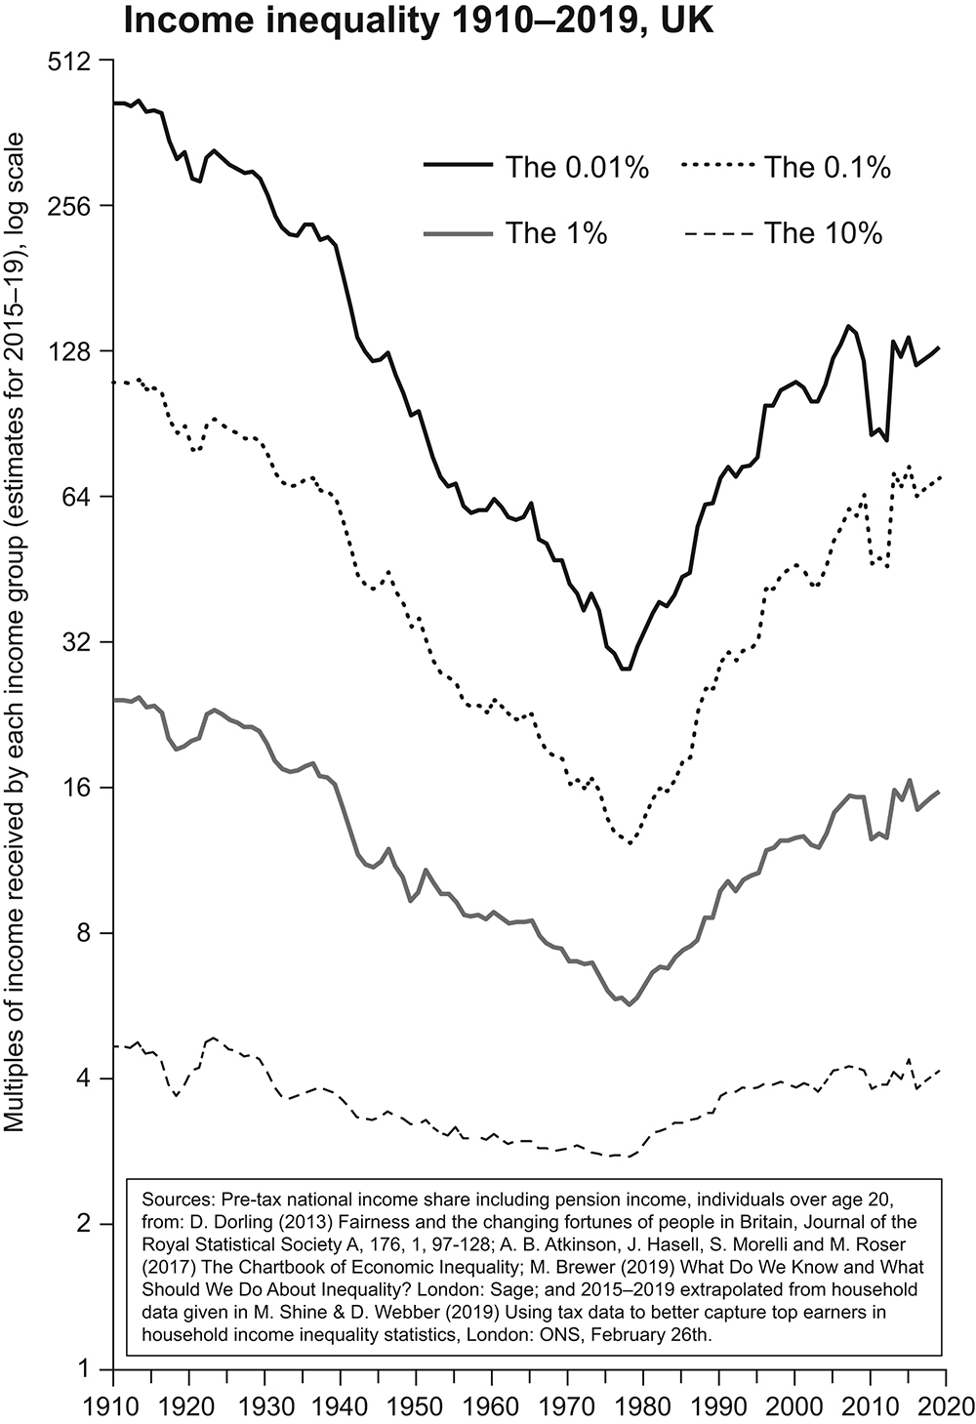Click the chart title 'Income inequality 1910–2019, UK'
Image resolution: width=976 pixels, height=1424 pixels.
coord(418,20)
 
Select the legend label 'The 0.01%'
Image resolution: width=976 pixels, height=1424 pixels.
coord(577,168)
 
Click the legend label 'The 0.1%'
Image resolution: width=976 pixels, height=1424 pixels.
coord(827,168)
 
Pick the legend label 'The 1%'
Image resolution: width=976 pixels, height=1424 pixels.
coord(556,233)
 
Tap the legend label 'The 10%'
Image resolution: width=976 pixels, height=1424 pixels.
coord(823,233)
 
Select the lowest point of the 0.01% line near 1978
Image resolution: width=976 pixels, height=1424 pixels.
coord(626,669)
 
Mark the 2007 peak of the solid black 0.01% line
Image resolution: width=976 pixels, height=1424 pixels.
coord(848,326)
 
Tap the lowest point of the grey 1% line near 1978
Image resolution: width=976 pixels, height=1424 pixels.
coord(629,1004)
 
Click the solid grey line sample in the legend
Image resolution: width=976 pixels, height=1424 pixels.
coord(459,233)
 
